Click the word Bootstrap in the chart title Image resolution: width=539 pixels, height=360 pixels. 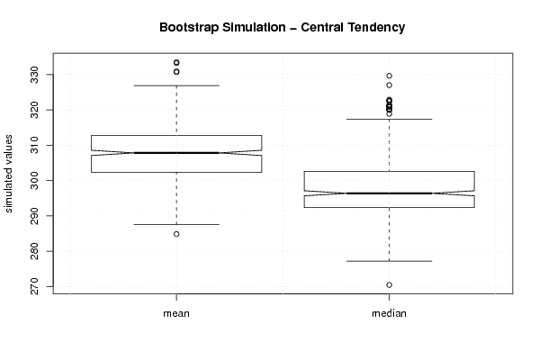[x=188, y=28]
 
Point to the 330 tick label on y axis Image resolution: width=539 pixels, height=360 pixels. [x=35, y=75]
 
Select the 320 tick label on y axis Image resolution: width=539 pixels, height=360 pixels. [x=35, y=110]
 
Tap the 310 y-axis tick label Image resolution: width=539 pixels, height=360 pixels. [x=35, y=146]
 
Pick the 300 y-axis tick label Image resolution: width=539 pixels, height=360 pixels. [x=35, y=181]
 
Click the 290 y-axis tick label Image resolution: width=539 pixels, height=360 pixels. [x=35, y=216]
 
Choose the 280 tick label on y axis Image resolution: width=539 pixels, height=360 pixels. [x=35, y=251]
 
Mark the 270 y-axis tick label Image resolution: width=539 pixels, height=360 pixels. [x=35, y=286]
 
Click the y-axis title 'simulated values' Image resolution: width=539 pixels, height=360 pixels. [x=8, y=174]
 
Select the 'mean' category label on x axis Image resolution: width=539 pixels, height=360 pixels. [x=176, y=313]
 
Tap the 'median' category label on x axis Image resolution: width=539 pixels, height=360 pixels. [x=389, y=313]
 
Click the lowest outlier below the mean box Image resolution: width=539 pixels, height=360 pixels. [x=176, y=234]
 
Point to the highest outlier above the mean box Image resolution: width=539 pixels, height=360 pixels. [x=176, y=63]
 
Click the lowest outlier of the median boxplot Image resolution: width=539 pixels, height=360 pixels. [x=389, y=285]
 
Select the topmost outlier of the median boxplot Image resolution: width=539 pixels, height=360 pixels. [x=389, y=76]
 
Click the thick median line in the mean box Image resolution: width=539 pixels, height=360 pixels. [x=176, y=153]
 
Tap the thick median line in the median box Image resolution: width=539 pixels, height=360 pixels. [x=389, y=193]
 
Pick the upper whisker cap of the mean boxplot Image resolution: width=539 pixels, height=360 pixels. [x=176, y=85]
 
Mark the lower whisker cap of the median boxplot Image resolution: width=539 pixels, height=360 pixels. [x=389, y=261]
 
